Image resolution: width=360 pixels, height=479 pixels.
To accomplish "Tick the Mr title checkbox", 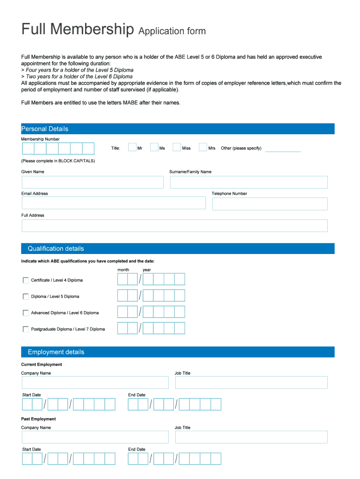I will pos(132,147).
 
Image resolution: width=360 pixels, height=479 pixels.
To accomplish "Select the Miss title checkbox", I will pos(177,147).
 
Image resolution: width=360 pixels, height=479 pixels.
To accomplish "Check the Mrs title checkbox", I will pos(203,147).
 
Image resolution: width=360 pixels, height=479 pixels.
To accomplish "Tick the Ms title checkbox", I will pos(154,147).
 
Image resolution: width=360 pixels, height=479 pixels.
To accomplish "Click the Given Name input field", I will pos(93,182).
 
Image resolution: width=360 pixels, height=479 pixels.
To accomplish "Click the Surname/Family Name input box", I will pos(249,182).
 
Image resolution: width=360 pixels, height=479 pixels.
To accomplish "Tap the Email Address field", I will pos(114,203).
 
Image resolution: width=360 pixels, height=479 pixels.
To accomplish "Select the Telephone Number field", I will pos(270,204).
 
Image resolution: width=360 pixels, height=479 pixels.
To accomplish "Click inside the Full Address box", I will pos(174,225).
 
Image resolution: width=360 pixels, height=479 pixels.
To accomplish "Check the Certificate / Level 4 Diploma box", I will pos(26,280).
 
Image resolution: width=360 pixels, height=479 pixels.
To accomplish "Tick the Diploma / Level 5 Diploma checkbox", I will pos(26,297).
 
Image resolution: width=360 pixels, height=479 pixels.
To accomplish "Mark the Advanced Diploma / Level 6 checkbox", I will pos(26,313).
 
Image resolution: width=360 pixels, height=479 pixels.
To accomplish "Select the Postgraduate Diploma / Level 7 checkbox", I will pos(26,329).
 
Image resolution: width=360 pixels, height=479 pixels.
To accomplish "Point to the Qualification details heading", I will pos(56,248).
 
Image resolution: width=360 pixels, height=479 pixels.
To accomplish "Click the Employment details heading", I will pos(56,352).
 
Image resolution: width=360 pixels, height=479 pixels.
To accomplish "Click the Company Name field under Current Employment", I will pos(95,383).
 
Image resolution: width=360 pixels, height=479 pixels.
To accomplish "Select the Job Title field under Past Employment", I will pos(251,437).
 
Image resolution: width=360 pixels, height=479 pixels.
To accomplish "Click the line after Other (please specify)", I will pos(283,150).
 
